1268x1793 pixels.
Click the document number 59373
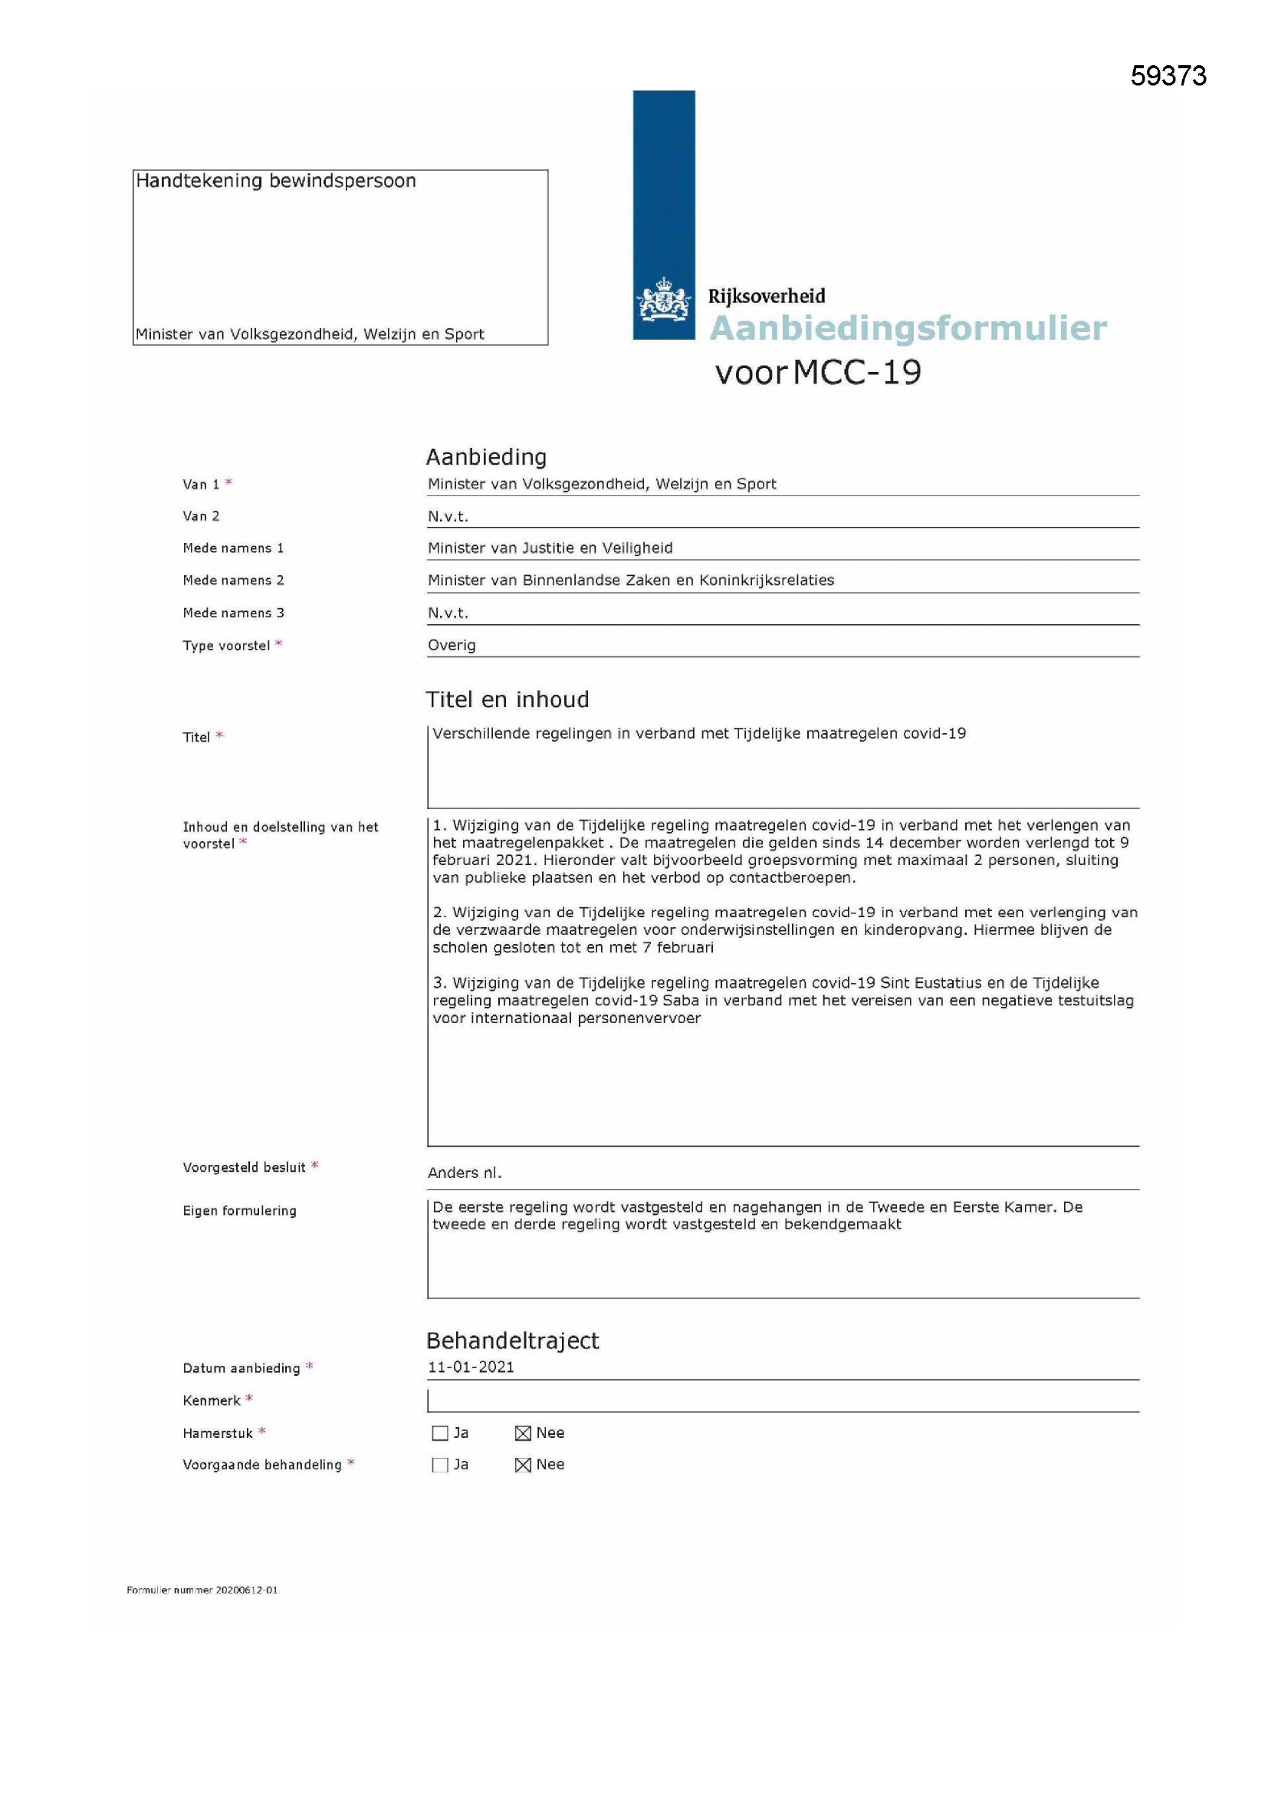1168,76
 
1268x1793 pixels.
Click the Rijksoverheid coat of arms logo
665,299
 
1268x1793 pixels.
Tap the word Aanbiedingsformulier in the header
907,328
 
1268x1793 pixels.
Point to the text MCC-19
857,372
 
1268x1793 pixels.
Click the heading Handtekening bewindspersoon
276,181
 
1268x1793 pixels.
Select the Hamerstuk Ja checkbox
439,1433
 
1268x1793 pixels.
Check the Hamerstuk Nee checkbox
523,1433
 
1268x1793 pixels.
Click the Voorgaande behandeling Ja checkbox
439,1465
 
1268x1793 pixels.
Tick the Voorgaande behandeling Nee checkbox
523,1465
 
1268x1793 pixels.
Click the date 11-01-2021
471,1367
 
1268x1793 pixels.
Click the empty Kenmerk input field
783,1400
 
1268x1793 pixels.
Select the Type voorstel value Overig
452,645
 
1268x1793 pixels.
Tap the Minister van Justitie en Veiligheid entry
550,548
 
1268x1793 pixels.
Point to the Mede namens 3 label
234,613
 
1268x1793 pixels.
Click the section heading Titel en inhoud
507,699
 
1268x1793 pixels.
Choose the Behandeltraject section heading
512,1341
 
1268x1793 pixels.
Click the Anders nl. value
465,1173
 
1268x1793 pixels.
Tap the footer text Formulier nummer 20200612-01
202,1590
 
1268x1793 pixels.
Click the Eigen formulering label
240,1211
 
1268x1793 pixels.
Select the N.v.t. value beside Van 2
448,516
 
